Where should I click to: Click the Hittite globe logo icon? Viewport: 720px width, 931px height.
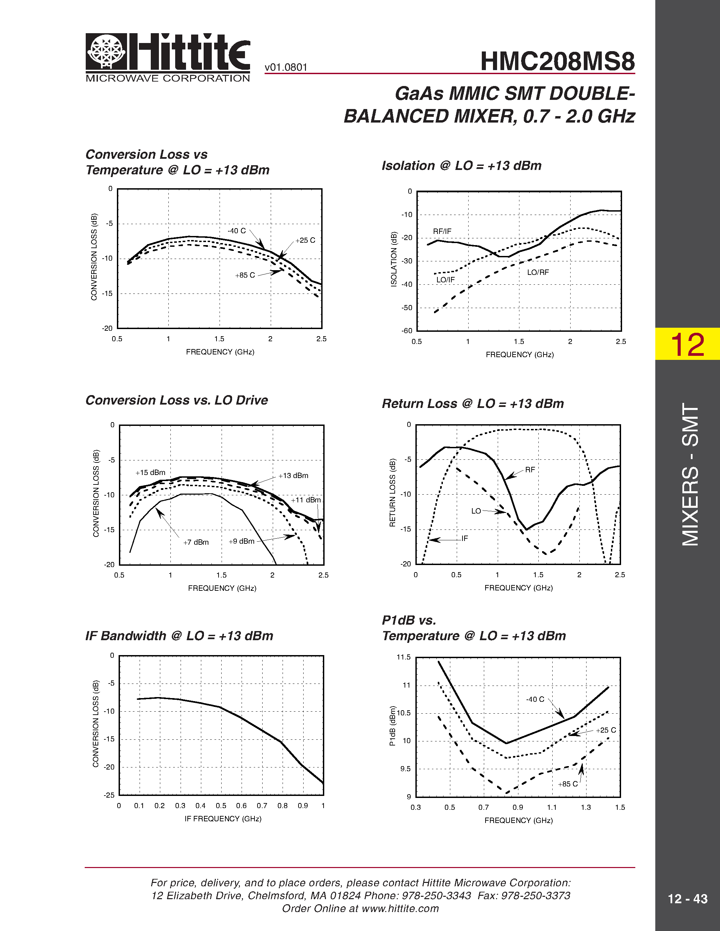pos(106,51)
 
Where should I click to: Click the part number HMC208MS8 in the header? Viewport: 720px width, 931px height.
pos(557,61)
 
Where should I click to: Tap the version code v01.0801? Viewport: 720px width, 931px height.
pos(286,67)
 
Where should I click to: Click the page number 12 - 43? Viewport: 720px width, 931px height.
pos(687,898)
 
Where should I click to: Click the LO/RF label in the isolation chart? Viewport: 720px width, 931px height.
pos(538,273)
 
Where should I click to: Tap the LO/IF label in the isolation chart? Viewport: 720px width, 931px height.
pos(445,280)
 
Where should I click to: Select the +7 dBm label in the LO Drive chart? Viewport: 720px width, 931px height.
pos(196,542)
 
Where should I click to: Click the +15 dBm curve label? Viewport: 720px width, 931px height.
pos(150,473)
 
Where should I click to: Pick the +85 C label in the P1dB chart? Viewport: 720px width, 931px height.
pos(568,784)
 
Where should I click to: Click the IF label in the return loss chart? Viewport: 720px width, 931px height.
pos(465,538)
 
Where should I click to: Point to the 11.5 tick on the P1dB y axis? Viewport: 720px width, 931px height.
pos(404,657)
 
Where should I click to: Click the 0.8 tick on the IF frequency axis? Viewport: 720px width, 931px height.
pos(282,806)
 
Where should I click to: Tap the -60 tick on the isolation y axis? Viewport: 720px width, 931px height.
pos(407,331)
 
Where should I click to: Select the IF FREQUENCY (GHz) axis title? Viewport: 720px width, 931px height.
pos(223,819)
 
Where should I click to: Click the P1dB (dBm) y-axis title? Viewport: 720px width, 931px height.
pos(392,726)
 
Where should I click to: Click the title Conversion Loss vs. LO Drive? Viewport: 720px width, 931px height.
pos(177,400)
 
